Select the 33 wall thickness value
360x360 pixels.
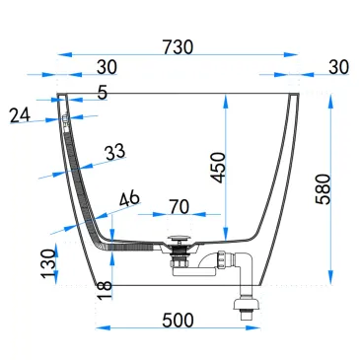click(114, 151)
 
